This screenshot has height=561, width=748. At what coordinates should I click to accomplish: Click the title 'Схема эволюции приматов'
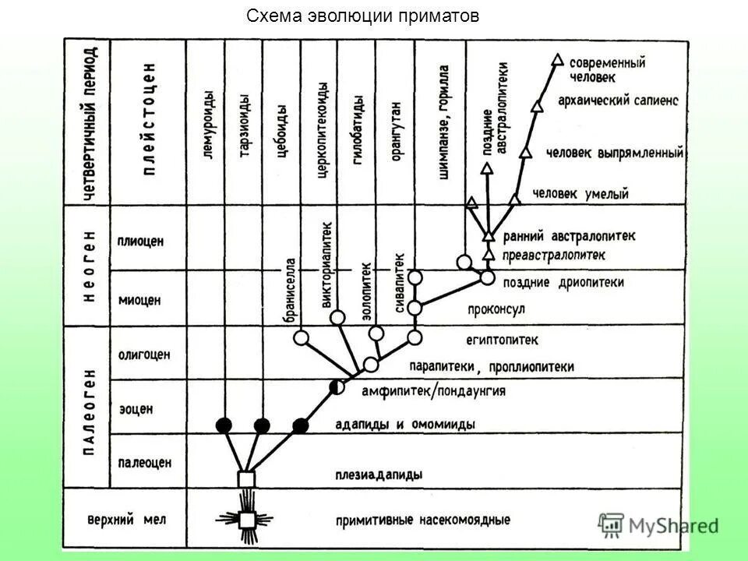[x=362, y=16]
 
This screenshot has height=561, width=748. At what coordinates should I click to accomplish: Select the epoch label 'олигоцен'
[x=144, y=355]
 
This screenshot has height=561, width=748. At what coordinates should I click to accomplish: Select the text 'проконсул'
[x=496, y=309]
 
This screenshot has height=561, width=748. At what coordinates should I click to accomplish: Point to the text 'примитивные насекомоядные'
[x=423, y=520]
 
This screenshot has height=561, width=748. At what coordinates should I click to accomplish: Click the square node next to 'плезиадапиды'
[x=246, y=477]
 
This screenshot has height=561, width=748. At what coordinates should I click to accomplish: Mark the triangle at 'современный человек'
[x=557, y=58]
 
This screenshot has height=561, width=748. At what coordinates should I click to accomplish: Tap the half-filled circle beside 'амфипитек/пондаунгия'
[x=337, y=386]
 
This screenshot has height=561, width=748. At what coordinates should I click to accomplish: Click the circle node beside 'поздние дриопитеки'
[x=488, y=277]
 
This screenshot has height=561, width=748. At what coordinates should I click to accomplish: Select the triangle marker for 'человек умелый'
[x=514, y=199]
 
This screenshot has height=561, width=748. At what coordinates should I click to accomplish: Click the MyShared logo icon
[x=612, y=525]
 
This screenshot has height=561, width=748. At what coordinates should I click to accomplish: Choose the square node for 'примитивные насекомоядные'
[x=246, y=518]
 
